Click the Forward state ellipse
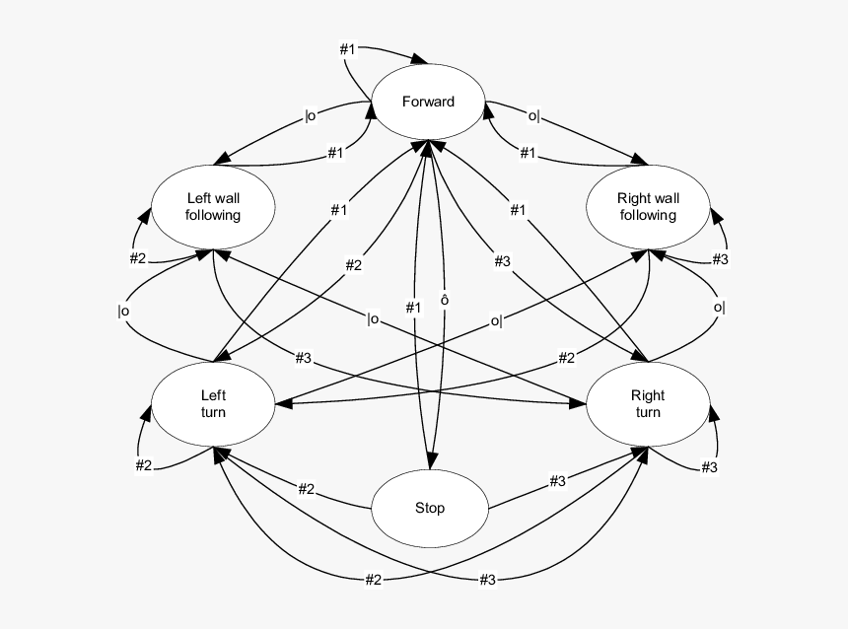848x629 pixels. (429, 102)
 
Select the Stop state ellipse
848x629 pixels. (430, 509)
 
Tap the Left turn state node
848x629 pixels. (213, 404)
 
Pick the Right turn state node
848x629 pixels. (648, 404)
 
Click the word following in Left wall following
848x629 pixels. (213, 215)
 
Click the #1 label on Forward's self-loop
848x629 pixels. (349, 48)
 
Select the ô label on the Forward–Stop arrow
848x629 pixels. (445, 300)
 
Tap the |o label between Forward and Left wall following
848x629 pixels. (311, 115)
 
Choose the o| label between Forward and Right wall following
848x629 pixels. (533, 115)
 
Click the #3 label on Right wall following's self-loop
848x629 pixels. (720, 258)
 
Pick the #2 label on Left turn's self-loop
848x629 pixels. (144, 465)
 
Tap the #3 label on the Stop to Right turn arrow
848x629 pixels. (557, 481)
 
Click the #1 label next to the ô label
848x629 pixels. (413, 308)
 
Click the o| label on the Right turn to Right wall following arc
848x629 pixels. (719, 307)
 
